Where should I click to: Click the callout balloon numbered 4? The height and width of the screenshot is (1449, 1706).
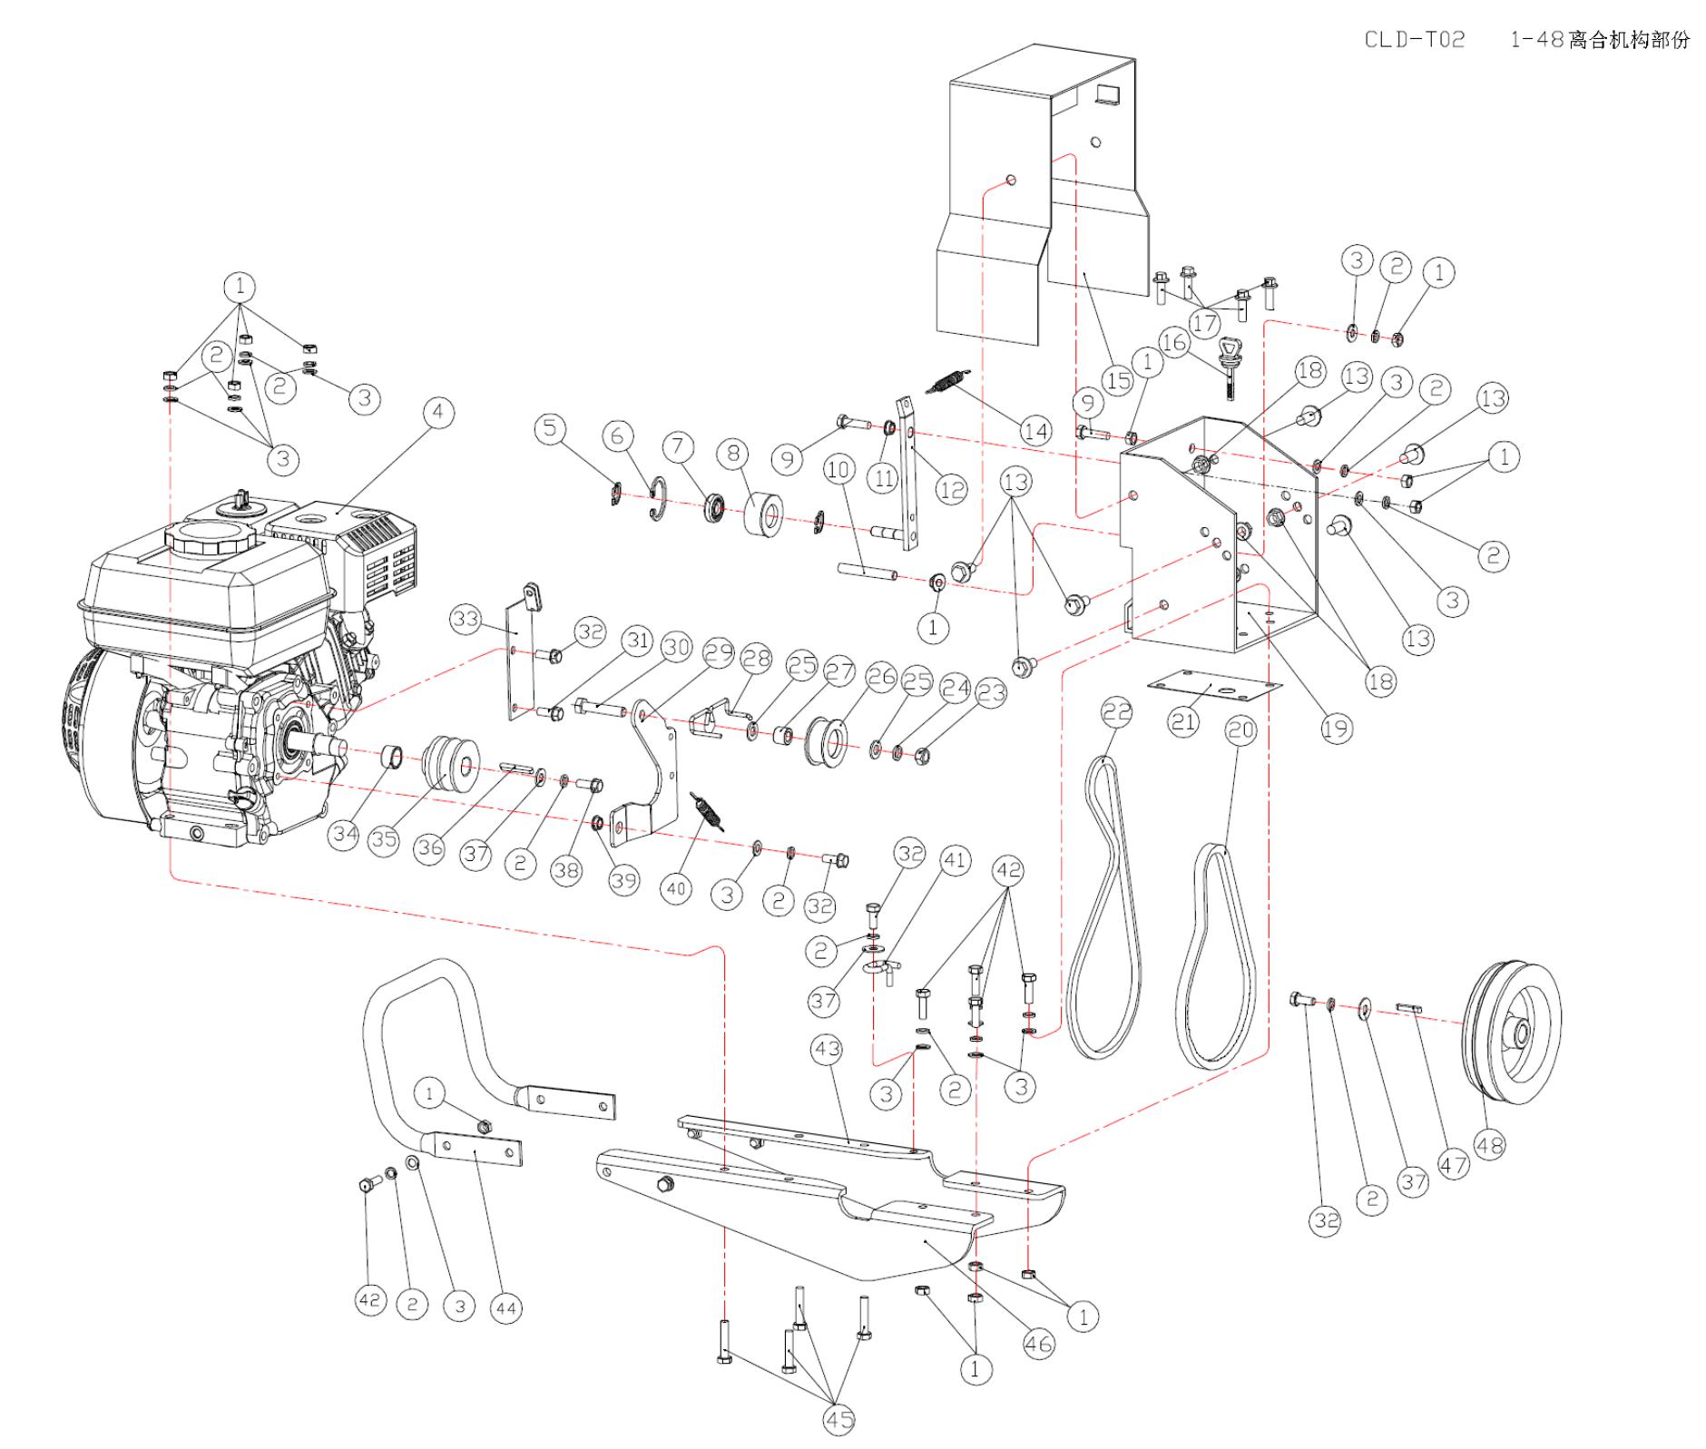(x=438, y=412)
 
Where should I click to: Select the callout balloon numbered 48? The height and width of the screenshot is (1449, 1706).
(x=1489, y=1145)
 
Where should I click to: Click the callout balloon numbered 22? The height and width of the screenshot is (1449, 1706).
(x=1117, y=712)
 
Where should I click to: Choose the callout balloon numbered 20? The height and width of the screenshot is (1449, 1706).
(x=1240, y=731)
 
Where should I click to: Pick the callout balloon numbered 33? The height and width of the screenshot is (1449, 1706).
(x=466, y=620)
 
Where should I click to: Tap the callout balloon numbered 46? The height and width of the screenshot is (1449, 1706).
(x=1038, y=1343)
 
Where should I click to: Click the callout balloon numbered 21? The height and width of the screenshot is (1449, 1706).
(x=1182, y=721)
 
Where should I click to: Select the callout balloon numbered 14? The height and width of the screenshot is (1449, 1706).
(x=1035, y=431)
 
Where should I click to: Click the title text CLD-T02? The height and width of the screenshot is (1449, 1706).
(x=1415, y=39)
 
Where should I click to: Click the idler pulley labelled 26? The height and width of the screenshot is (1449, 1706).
(x=825, y=738)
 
